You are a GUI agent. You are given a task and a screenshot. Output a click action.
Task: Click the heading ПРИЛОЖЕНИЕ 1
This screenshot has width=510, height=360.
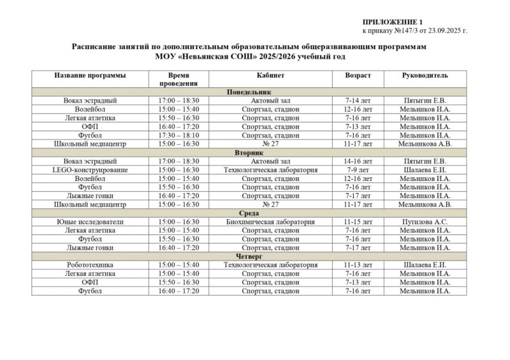tap(383, 22)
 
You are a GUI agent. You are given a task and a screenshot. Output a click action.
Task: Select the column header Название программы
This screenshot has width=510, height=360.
tap(90, 75)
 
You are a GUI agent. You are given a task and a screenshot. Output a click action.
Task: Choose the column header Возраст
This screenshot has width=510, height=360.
tap(358, 75)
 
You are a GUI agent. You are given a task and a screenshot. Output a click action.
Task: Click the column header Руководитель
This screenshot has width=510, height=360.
tap(425, 75)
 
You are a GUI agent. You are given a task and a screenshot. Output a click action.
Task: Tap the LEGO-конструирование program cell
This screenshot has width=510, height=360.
tap(90, 170)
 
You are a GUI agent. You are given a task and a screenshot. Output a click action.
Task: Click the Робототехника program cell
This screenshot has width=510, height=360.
tap(90, 265)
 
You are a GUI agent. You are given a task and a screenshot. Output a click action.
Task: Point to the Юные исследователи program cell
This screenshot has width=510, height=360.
tap(90, 222)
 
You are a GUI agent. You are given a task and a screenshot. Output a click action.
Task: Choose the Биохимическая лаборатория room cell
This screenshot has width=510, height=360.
tap(270, 222)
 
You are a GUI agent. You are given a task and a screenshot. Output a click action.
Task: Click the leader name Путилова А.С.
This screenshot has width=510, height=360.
tap(425, 222)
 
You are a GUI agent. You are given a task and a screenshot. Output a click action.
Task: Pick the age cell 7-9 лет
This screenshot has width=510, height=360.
tap(358, 170)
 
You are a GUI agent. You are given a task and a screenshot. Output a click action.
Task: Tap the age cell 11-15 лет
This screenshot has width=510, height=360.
tap(358, 222)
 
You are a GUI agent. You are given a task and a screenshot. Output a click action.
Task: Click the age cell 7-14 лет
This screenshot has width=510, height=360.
tap(358, 101)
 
